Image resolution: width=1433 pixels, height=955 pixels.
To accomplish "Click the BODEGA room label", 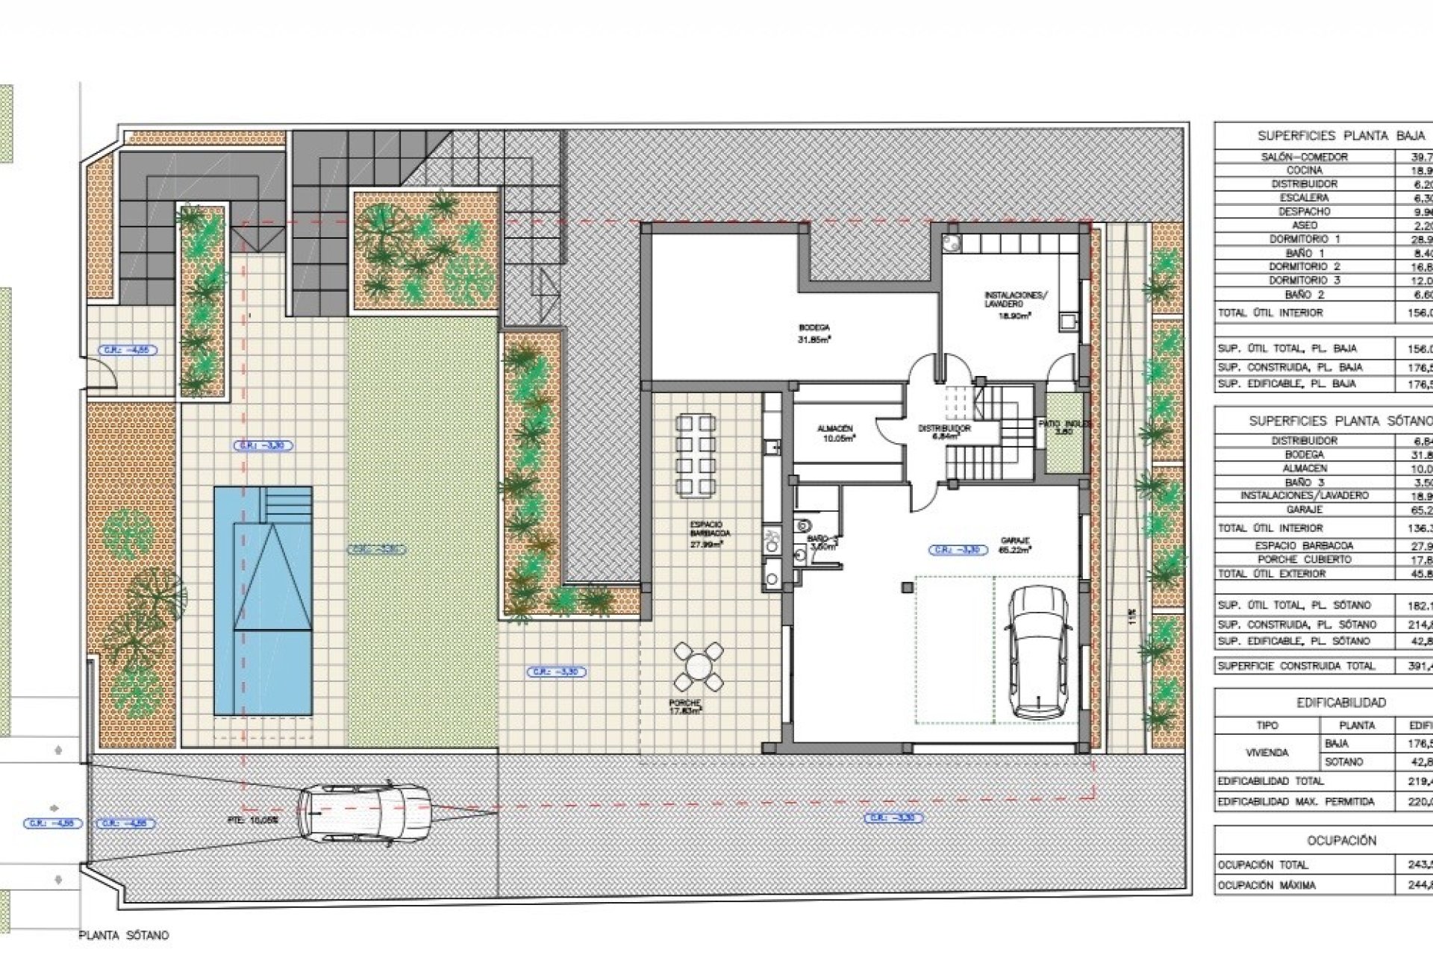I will pyautogui.click(x=814, y=328).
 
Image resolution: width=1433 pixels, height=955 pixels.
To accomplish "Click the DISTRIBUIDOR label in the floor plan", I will pyautogui.click(x=943, y=429).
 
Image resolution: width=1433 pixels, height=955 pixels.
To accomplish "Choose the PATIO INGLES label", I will pyautogui.click(x=1064, y=424).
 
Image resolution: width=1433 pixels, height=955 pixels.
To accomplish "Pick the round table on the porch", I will pyautogui.click(x=698, y=666).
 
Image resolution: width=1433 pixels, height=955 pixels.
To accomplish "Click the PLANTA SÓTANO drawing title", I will pyautogui.click(x=124, y=935).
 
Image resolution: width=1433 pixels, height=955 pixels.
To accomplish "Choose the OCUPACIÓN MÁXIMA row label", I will pyautogui.click(x=1267, y=885).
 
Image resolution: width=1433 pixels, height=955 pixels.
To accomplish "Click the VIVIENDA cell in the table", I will pyautogui.click(x=1267, y=753).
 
